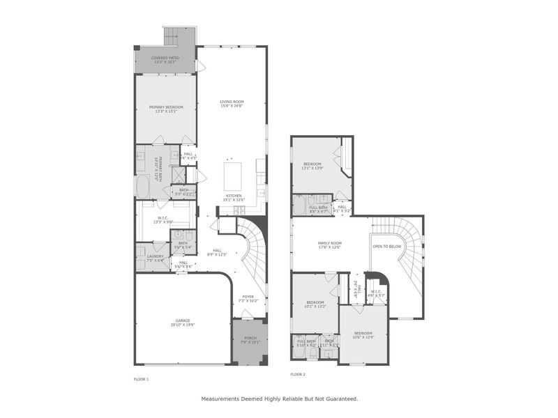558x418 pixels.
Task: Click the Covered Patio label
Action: pyautogui.click(x=165, y=59)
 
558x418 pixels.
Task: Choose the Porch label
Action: pyautogui.click(x=249, y=340)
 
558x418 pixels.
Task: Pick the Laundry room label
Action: pyautogui.click(x=155, y=258)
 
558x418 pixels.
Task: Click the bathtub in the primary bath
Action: pyautogui.click(x=142, y=187)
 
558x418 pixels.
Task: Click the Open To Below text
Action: pyautogui.click(x=386, y=247)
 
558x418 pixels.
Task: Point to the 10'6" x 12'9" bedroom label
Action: pyautogui.click(x=364, y=334)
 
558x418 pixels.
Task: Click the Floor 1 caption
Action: pyautogui.click(x=141, y=378)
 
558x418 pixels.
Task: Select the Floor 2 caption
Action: pyautogui.click(x=298, y=374)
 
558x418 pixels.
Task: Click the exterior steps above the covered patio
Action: pyautogui.click(x=172, y=36)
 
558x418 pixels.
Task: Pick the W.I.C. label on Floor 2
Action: pyautogui.click(x=376, y=293)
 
